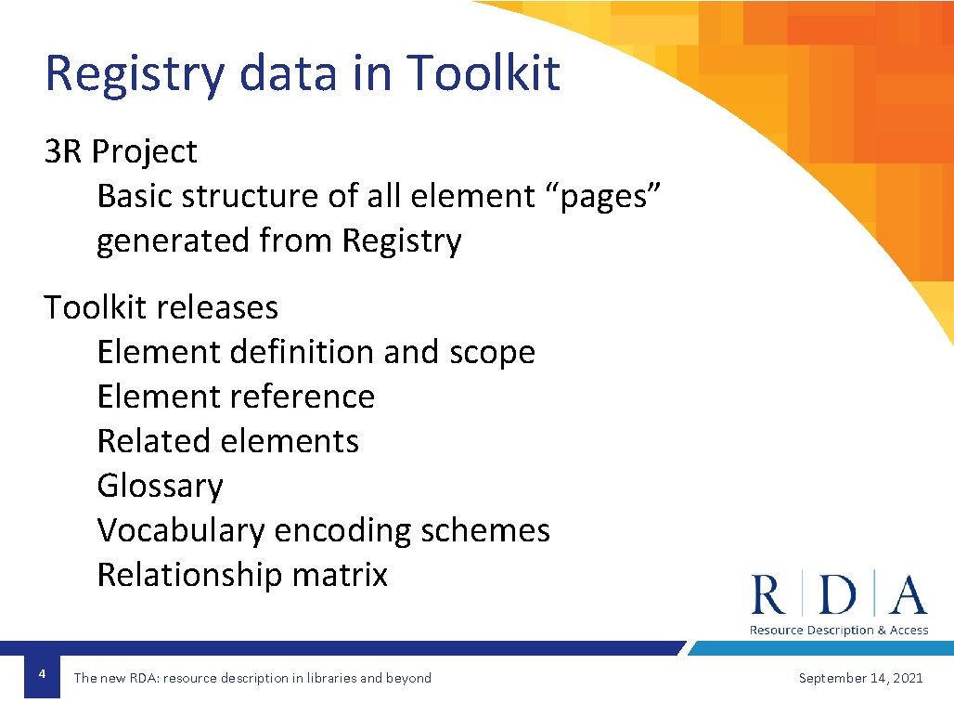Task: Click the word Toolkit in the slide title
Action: (483, 72)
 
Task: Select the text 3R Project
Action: (121, 151)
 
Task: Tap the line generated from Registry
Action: (278, 241)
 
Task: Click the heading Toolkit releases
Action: (161, 307)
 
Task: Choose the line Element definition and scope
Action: (316, 353)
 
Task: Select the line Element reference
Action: (236, 397)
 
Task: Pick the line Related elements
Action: (227, 441)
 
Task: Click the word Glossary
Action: (160, 486)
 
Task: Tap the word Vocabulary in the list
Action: (181, 530)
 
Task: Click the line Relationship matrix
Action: (242, 575)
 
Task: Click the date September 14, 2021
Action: (860, 678)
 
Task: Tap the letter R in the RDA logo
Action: (768, 595)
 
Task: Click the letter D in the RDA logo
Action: (838, 595)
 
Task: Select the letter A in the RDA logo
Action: (908, 595)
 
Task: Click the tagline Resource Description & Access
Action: (839, 631)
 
